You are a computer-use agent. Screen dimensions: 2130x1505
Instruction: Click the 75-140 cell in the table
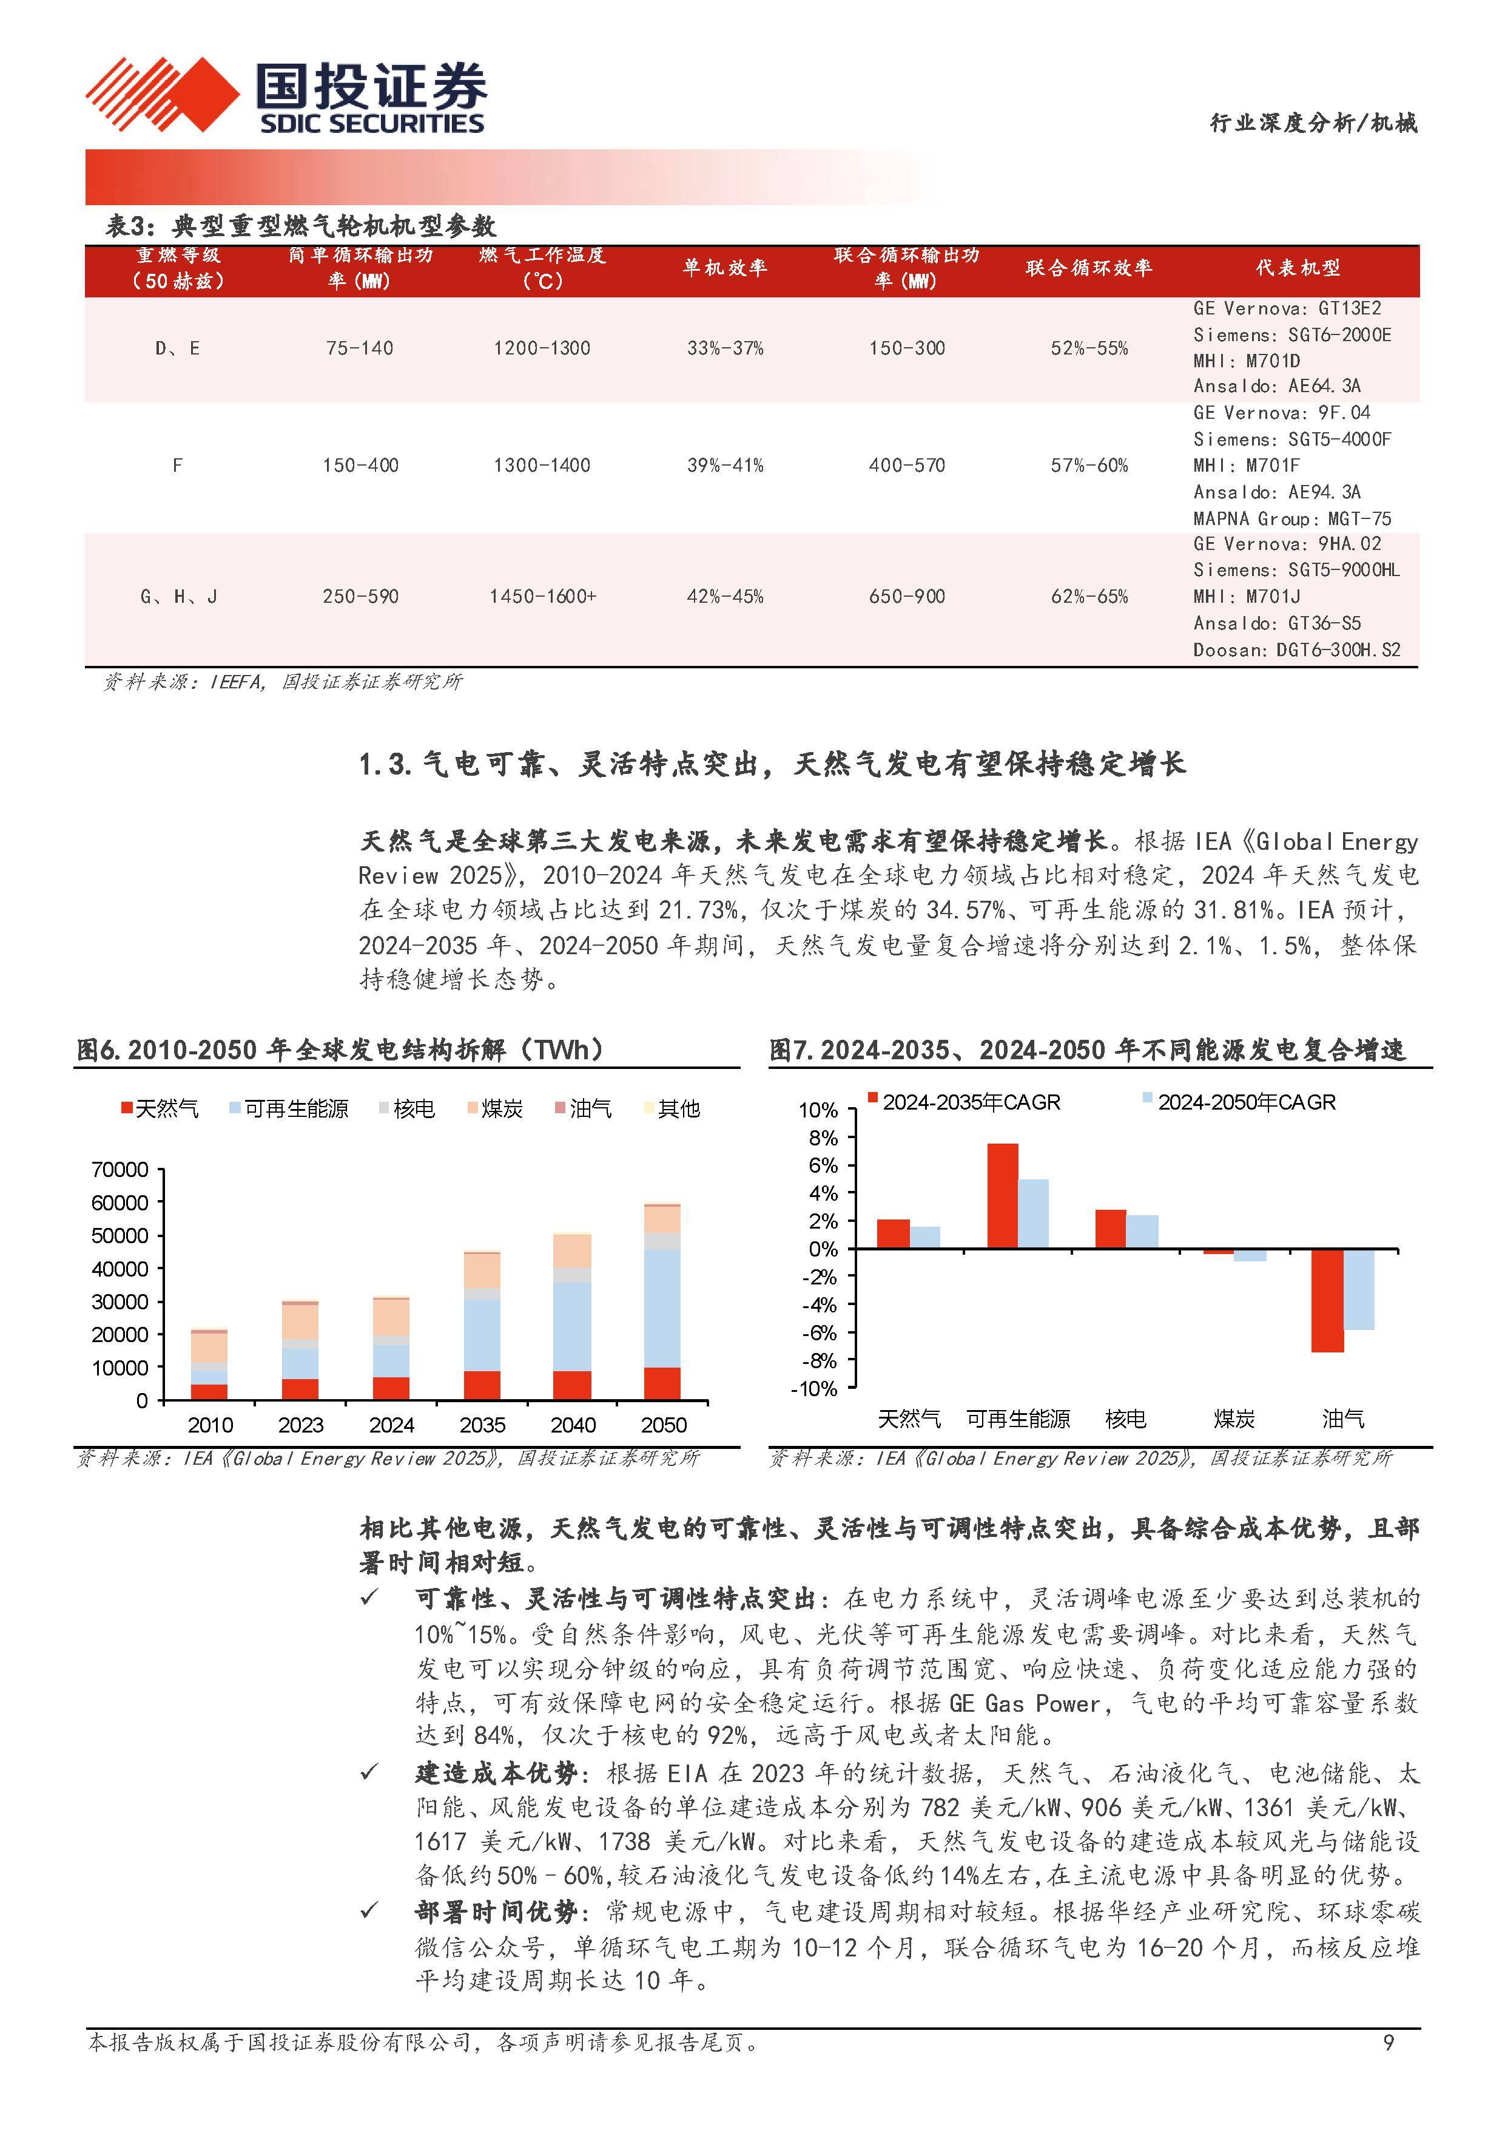pyautogui.click(x=360, y=349)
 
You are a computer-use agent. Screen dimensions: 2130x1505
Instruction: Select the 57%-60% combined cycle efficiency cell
pyautogui.click(x=1089, y=466)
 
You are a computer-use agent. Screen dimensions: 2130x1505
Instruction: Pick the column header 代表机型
pyautogui.click(x=1298, y=268)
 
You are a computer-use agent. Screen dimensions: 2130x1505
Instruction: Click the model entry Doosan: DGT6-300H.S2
pyautogui.click(x=1296, y=650)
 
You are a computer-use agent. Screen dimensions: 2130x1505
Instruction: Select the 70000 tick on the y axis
pyautogui.click(x=120, y=1170)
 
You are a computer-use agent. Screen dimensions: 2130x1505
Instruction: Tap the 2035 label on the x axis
pyautogui.click(x=482, y=1425)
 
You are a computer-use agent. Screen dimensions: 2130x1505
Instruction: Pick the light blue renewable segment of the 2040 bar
pyautogui.click(x=572, y=1326)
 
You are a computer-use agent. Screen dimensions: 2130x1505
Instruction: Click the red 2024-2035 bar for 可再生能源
pyautogui.click(x=1002, y=1196)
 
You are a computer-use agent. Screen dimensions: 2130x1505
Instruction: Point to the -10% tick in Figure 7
pyautogui.click(x=813, y=1389)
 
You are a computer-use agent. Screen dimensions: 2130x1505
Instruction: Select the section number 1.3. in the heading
pyautogui.click(x=385, y=764)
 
